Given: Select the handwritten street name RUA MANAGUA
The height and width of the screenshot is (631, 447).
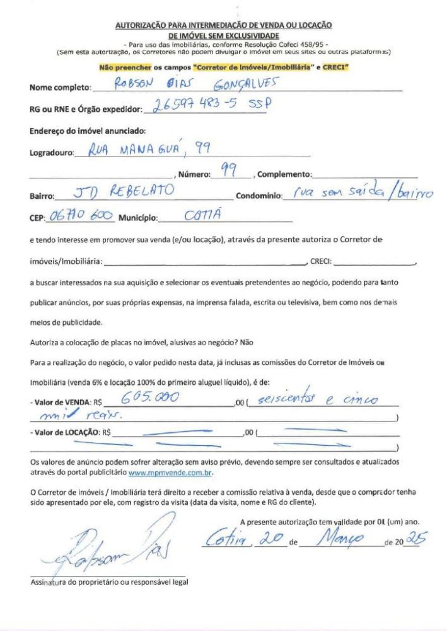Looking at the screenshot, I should point(133,150).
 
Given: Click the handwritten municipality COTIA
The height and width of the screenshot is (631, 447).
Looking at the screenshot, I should point(202,216).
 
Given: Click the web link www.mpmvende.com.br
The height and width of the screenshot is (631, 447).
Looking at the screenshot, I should point(170,471).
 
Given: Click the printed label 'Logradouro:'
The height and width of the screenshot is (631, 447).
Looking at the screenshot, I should point(52,153).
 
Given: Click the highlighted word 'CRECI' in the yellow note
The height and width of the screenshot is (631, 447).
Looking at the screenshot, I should point(335,67).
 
